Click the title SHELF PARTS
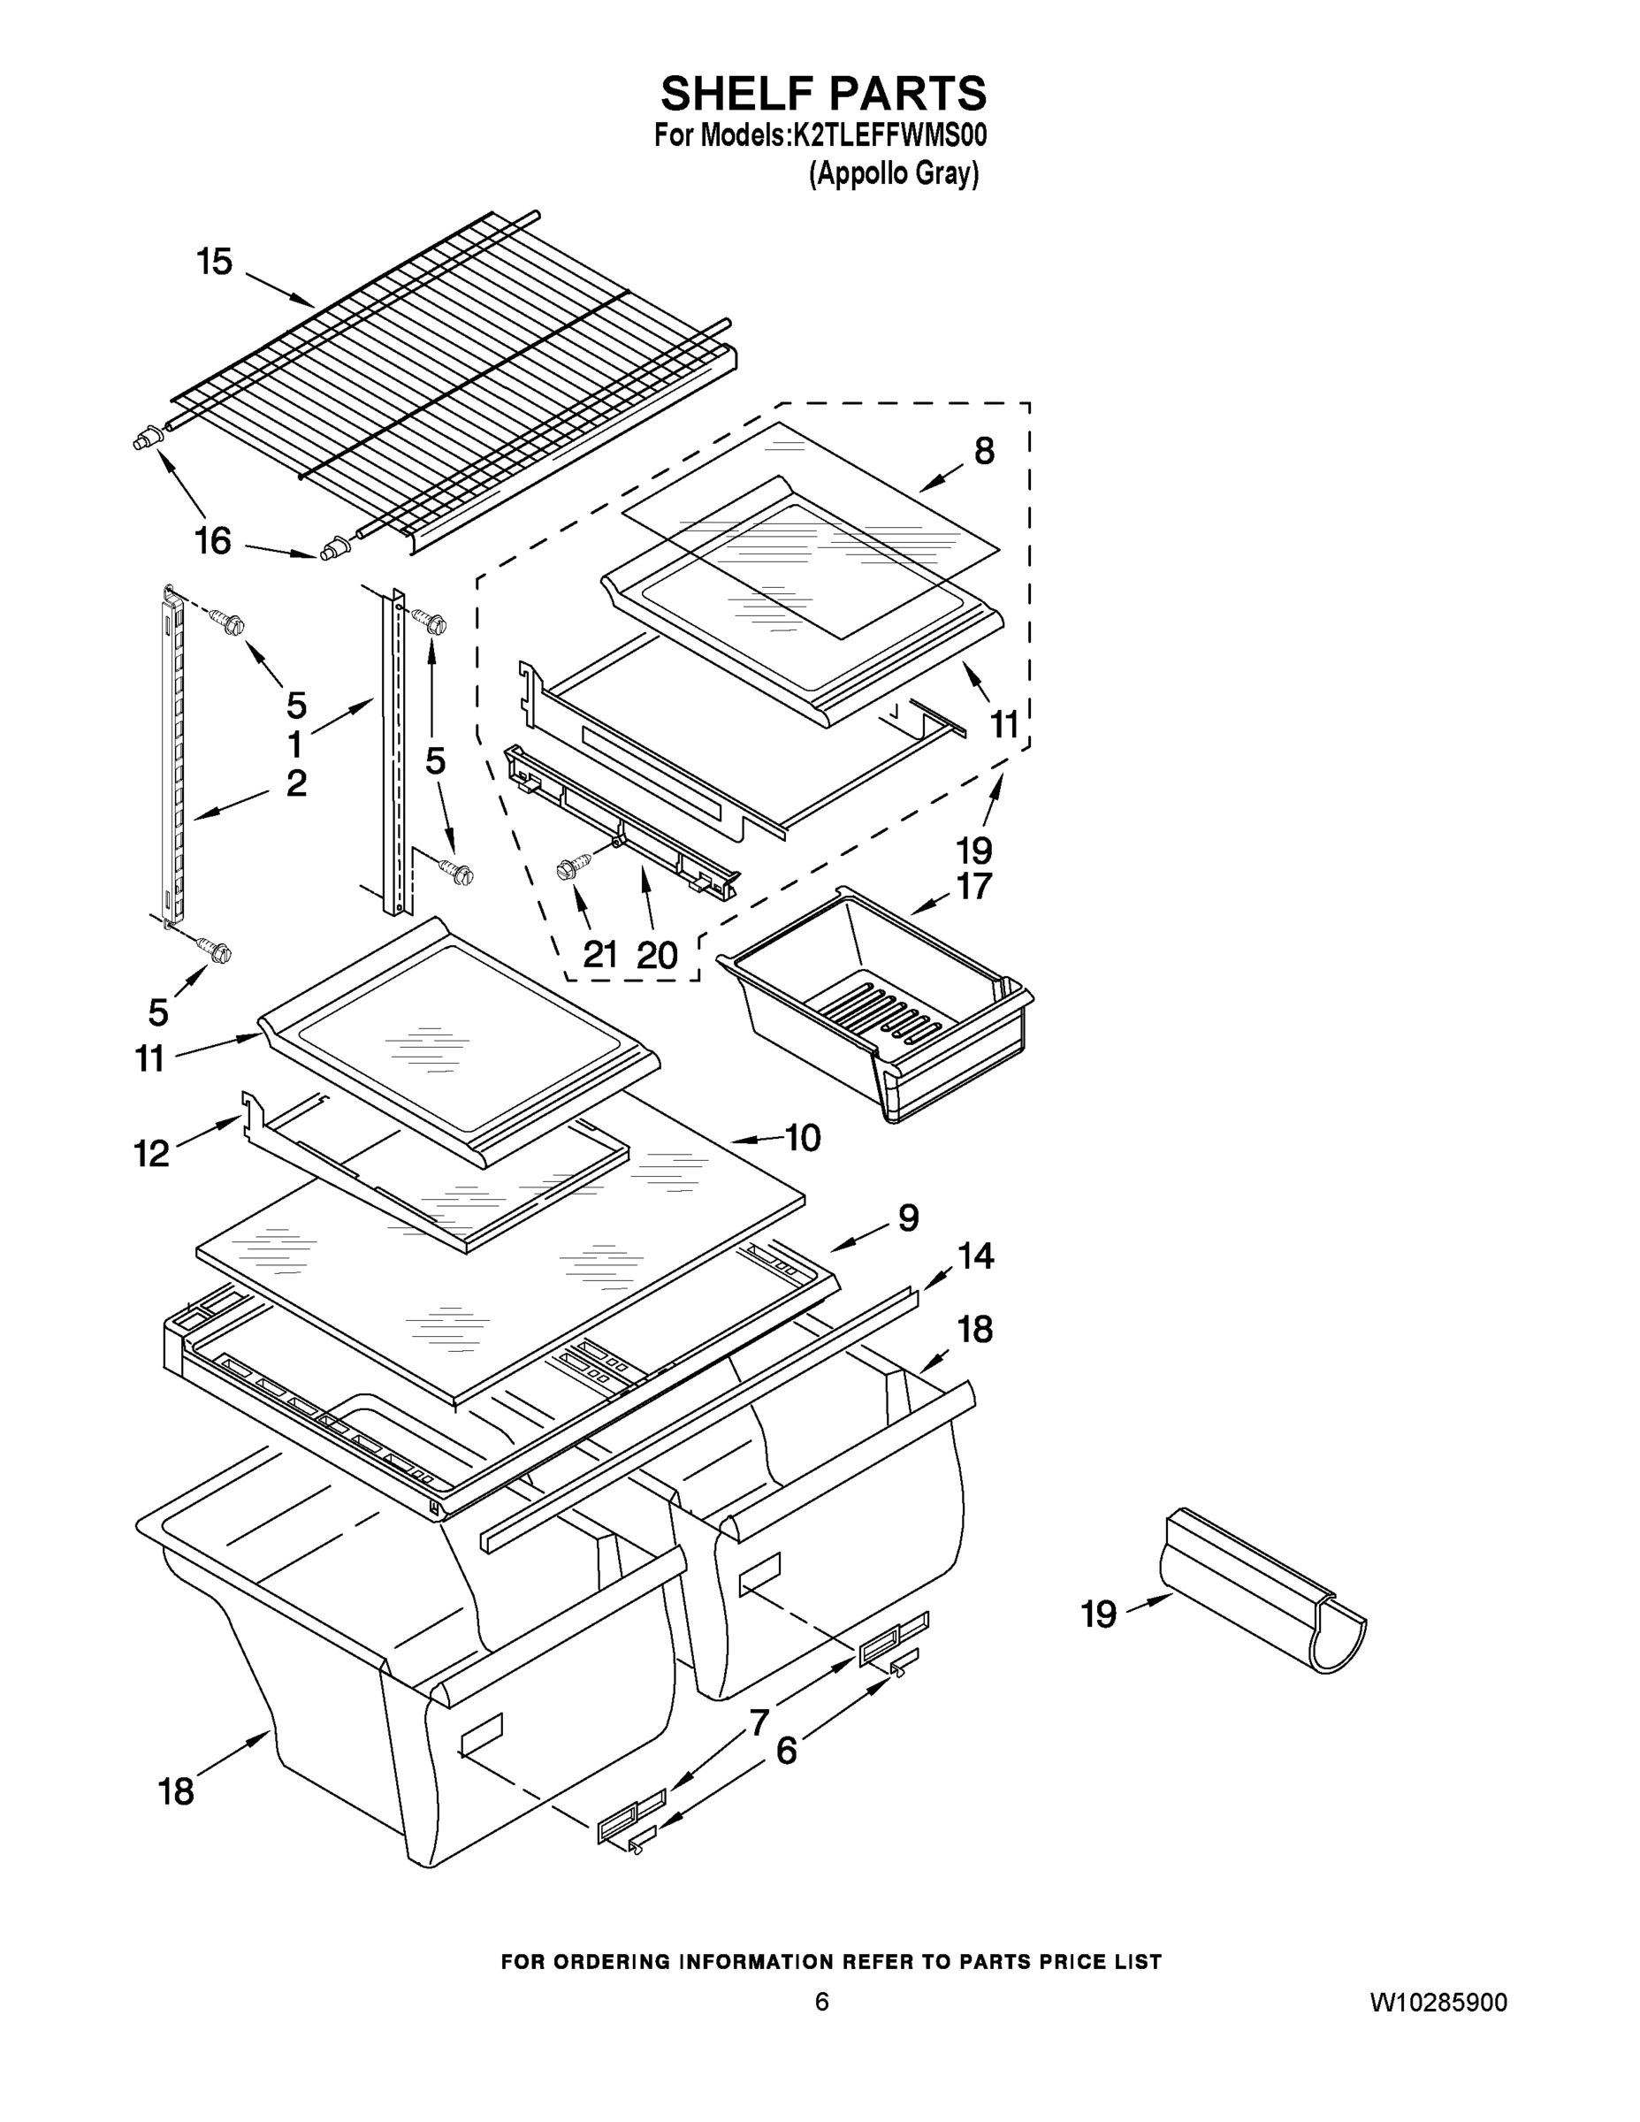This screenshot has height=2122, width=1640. tap(823, 95)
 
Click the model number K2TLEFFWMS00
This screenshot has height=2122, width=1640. tap(890, 136)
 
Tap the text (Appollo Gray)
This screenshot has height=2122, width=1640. tap(894, 174)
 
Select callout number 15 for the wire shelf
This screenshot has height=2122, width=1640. tap(215, 262)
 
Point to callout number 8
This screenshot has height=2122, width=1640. tap(983, 451)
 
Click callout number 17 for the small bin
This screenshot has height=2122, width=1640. tap(974, 886)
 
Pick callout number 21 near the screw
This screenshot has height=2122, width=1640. tap(600, 955)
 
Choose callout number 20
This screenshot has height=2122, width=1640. tap(657, 955)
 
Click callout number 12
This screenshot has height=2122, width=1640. tap(151, 1153)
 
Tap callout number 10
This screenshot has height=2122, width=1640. tap(803, 1137)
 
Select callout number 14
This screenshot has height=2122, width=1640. tap(975, 1256)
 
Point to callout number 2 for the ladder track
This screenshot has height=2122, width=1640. tap(296, 783)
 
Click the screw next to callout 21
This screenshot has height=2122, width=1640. tap(573, 867)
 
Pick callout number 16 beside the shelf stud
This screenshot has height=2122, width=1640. tap(214, 540)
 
